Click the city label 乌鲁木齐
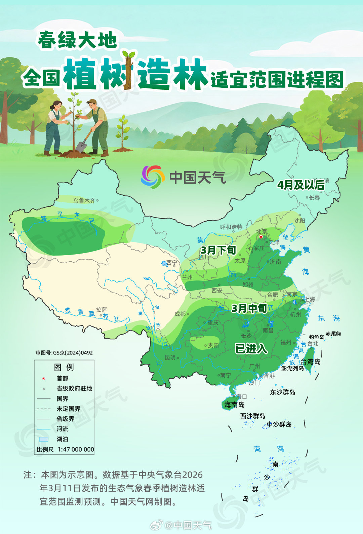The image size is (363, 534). [x=84, y=201]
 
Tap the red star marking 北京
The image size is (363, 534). [x=261, y=237]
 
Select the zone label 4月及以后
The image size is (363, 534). [x=300, y=185]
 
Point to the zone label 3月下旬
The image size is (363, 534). [x=218, y=250]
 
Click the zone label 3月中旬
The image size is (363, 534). [x=249, y=308]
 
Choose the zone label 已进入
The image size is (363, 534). [x=251, y=349]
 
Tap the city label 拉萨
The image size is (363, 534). [x=101, y=309]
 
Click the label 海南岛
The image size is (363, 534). [x=234, y=405]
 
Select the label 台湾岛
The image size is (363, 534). [x=311, y=362]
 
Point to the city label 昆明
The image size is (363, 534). [x=170, y=357]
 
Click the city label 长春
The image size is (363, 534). [x=314, y=198]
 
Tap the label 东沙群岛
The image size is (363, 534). [x=283, y=392]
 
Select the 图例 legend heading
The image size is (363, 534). [x=64, y=367]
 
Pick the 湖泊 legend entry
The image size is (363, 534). [x=62, y=439]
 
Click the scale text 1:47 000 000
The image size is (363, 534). [x=76, y=450]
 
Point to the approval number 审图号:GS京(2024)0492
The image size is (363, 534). [x=64, y=353]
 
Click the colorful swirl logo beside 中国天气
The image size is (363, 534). [x=153, y=177]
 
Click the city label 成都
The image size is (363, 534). [x=180, y=314]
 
